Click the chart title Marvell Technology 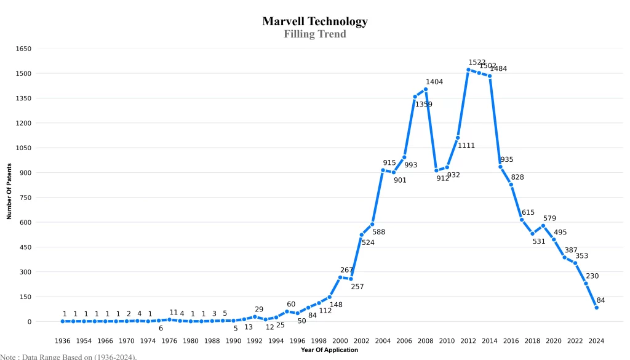pyautogui.click(x=315, y=22)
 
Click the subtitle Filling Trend pyautogui.click(x=315, y=34)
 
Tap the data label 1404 pyautogui.click(x=434, y=82)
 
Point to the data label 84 pyautogui.click(x=601, y=300)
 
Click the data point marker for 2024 pyautogui.click(x=596, y=308)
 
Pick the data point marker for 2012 pyautogui.click(x=468, y=70)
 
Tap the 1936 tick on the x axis pyautogui.click(x=63, y=341)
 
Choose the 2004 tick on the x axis pyautogui.click(x=383, y=341)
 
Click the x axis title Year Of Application pyautogui.click(x=329, y=350)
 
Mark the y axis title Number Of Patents pyautogui.click(x=9, y=191)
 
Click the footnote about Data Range pyautogui.click(x=68, y=356)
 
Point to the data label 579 pyautogui.click(x=549, y=218)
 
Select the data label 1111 pyautogui.click(x=466, y=145)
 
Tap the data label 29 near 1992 pyautogui.click(x=259, y=309)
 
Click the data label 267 pyautogui.click(x=346, y=270)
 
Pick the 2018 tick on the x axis pyautogui.click(x=532, y=341)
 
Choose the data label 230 pyautogui.click(x=592, y=276)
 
